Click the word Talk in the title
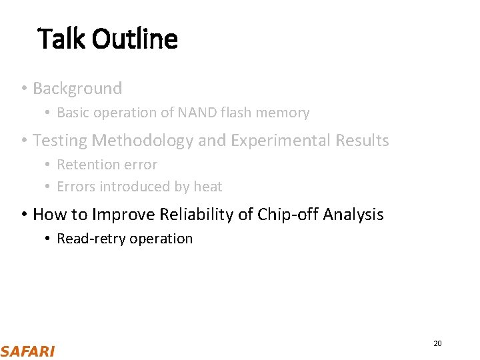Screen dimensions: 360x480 pyautogui.click(x=62, y=39)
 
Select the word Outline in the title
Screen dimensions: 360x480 pyautogui.click(x=135, y=39)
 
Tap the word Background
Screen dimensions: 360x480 pyautogui.click(x=77, y=88)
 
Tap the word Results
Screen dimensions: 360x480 pyautogui.click(x=361, y=141)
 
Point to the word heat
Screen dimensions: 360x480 pyautogui.click(x=208, y=187)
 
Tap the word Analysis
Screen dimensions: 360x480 pyautogui.click(x=353, y=215)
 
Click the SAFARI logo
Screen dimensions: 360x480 pyautogui.click(x=28, y=351)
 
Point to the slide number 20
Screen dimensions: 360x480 pyautogui.click(x=437, y=343)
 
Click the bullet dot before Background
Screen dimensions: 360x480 pyautogui.click(x=23, y=89)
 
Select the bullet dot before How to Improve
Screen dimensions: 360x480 pyautogui.click(x=23, y=215)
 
